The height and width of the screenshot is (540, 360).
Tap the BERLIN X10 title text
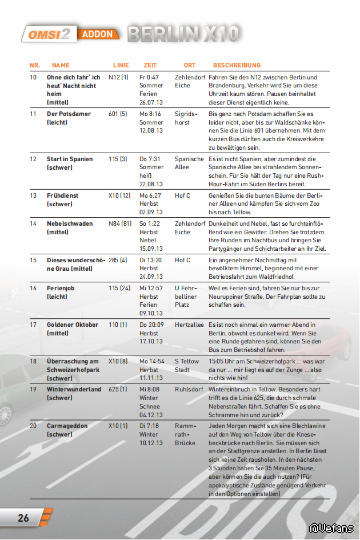tap(183, 34)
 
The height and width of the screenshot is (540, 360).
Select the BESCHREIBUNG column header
tap(237, 65)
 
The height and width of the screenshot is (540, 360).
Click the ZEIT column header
tap(150, 65)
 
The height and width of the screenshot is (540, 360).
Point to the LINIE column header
tap(121, 65)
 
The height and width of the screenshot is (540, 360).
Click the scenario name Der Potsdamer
tap(69, 114)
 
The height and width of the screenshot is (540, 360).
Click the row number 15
tap(33, 260)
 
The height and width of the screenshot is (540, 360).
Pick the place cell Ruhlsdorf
tap(189, 389)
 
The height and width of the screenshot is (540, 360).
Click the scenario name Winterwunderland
tap(74, 389)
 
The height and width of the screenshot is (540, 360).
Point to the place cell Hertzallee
tap(189, 325)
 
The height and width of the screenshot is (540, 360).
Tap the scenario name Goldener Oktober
tap(73, 325)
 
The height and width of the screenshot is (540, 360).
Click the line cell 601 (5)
tap(118, 114)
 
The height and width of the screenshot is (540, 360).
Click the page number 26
tap(23, 518)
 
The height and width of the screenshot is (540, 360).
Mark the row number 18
tap(33, 361)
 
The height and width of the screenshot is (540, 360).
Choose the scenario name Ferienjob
tap(61, 288)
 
